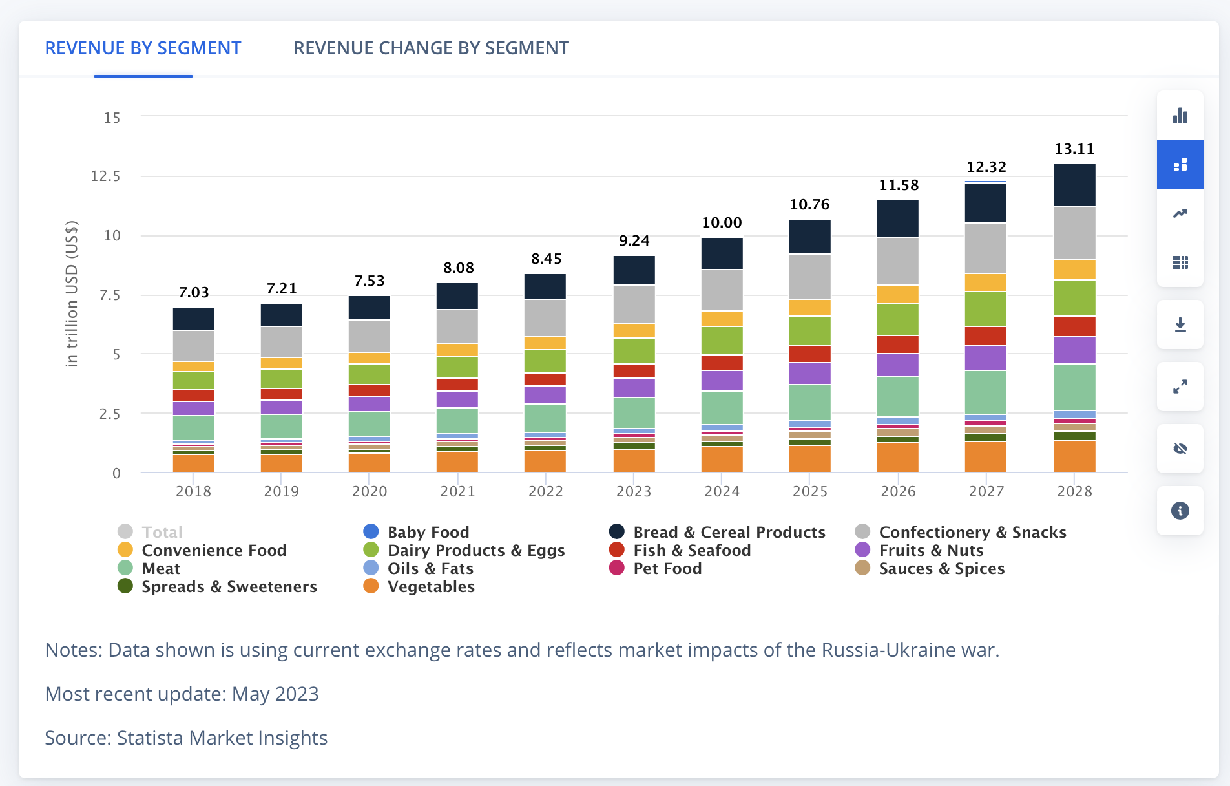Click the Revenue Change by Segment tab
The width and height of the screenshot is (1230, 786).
431,48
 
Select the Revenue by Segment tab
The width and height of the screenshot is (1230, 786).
143,48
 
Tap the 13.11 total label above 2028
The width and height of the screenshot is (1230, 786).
1074,149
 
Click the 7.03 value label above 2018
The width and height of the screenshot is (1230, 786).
194,293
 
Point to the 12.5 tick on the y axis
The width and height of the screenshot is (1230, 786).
105,176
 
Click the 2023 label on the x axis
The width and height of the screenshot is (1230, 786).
634,492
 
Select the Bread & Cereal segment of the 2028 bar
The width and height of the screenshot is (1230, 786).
1074,185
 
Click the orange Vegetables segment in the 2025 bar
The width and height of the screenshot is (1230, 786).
809,459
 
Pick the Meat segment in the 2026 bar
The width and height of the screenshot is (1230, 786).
897,396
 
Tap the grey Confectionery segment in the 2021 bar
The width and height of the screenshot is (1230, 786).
457,326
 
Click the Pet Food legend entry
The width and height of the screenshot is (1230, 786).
667,569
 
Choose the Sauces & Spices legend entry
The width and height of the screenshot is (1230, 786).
941,569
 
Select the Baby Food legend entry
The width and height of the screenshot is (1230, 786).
428,533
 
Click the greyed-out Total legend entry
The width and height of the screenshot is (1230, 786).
162,533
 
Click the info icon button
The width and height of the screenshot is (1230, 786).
1180,511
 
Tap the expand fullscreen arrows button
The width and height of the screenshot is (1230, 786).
1180,387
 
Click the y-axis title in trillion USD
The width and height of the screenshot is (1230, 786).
72,294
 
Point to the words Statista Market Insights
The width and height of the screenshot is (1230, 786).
222,738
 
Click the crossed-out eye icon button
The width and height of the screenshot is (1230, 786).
1180,449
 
